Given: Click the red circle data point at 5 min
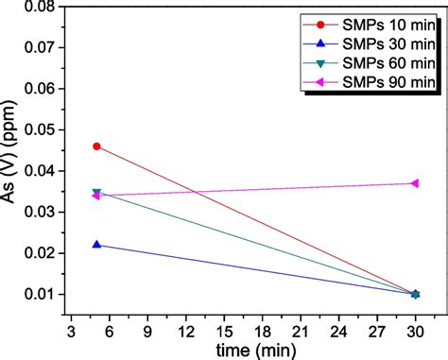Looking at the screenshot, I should point(96,146).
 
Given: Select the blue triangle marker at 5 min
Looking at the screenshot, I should point(96,245).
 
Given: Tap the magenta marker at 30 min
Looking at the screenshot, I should point(414,183).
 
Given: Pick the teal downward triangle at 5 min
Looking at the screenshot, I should point(96,192).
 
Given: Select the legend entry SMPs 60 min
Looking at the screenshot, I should point(373,63).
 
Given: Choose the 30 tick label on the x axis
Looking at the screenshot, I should point(414,332).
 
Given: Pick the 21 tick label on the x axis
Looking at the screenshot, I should point(300,332).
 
